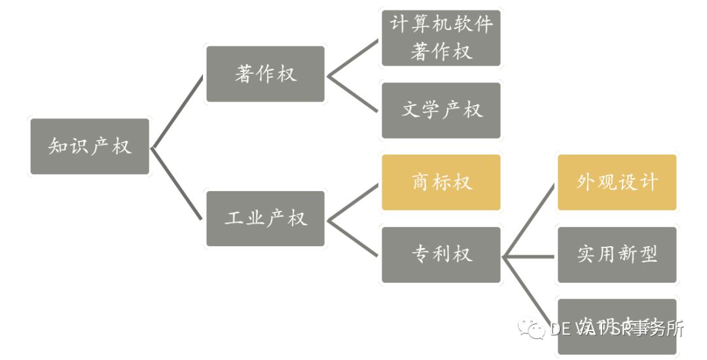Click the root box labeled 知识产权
point(90,147)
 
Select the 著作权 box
point(265,74)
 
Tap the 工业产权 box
point(265,219)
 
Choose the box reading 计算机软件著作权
point(441,38)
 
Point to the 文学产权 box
point(441,110)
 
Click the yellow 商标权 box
point(441,182)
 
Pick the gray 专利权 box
point(441,255)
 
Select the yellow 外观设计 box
point(617,182)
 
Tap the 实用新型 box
point(617,255)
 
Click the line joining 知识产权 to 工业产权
point(177,183)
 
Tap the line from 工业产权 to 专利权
point(353,237)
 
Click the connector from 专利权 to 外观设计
point(529,220)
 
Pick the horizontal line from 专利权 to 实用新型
point(529,256)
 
